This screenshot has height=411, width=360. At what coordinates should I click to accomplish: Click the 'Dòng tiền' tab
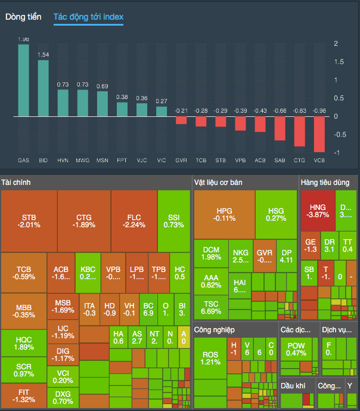[23, 17]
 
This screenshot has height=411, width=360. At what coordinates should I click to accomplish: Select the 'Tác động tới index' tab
[88, 17]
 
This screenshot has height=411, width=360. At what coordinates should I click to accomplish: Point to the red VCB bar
[319, 134]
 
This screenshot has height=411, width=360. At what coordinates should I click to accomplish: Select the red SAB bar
[280, 128]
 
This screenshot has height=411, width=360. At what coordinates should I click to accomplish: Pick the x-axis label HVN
[63, 160]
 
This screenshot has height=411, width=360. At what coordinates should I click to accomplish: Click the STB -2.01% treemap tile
[29, 221]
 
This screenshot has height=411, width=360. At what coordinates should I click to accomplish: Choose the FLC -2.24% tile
[134, 221]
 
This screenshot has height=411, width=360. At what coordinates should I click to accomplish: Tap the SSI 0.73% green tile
[173, 221]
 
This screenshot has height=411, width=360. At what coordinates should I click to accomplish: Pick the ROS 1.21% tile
[210, 358]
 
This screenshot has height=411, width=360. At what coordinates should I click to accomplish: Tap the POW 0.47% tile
[296, 349]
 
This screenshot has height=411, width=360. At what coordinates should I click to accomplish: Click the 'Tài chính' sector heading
[16, 182]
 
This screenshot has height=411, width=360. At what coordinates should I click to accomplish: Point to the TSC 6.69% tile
[211, 307]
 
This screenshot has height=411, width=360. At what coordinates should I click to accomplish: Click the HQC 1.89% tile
[24, 343]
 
